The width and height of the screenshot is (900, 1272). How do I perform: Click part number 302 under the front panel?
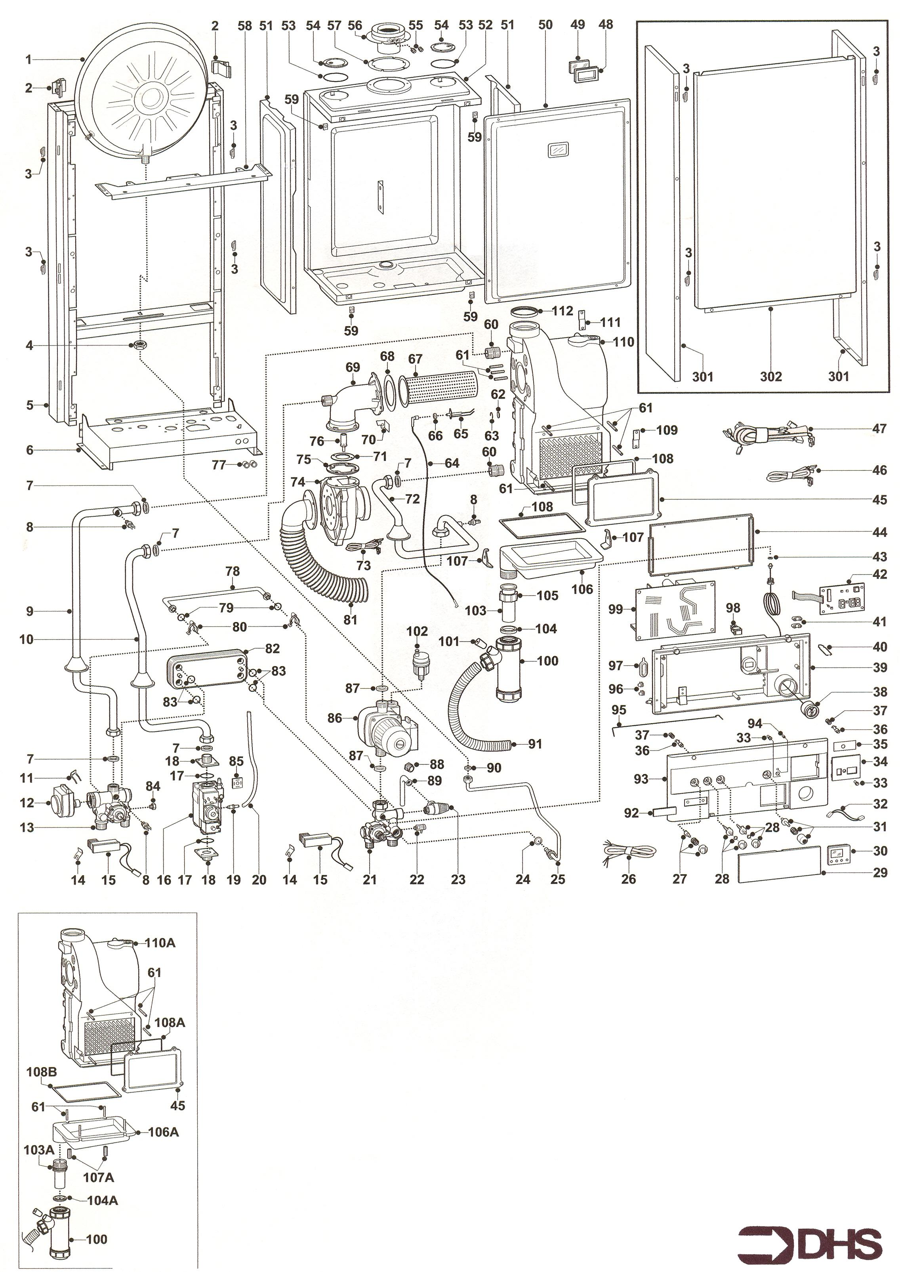point(771,377)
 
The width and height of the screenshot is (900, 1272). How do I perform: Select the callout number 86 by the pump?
point(334,718)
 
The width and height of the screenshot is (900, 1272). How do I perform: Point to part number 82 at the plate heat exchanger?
point(272,648)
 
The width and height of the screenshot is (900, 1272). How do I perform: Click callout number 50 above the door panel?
point(546,25)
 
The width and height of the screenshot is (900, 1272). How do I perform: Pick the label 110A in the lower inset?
point(160,942)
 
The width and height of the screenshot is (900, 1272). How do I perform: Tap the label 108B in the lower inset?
point(42,1071)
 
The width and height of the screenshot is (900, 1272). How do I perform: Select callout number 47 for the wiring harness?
point(880,428)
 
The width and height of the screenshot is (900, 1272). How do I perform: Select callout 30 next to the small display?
point(880,851)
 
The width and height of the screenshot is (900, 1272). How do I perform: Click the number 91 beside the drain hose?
point(535,744)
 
